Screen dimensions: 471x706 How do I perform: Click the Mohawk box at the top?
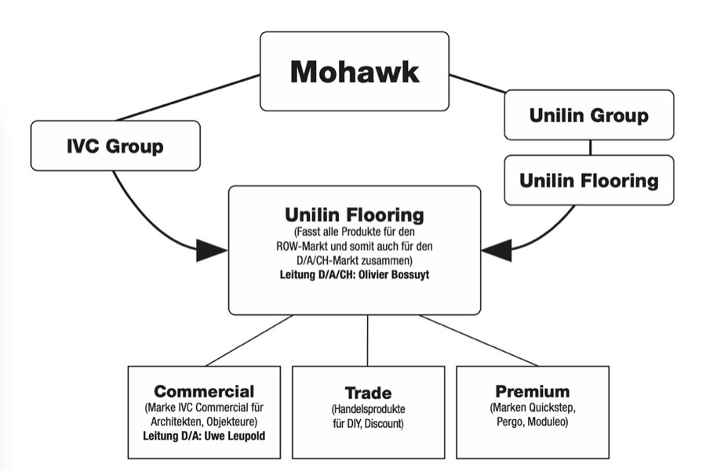point(355,71)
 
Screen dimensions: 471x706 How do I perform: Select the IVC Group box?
point(115,146)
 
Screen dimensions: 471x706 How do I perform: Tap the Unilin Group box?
point(588,115)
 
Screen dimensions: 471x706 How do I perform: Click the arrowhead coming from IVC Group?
point(210,251)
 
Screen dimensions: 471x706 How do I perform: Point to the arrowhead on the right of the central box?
point(497,251)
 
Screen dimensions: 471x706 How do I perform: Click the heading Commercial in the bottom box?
point(204,391)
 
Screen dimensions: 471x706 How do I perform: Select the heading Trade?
point(368,393)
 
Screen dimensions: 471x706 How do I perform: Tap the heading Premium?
point(533,391)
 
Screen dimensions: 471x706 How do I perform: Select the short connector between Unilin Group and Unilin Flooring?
point(590,147)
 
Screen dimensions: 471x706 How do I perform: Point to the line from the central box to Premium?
point(479,341)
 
